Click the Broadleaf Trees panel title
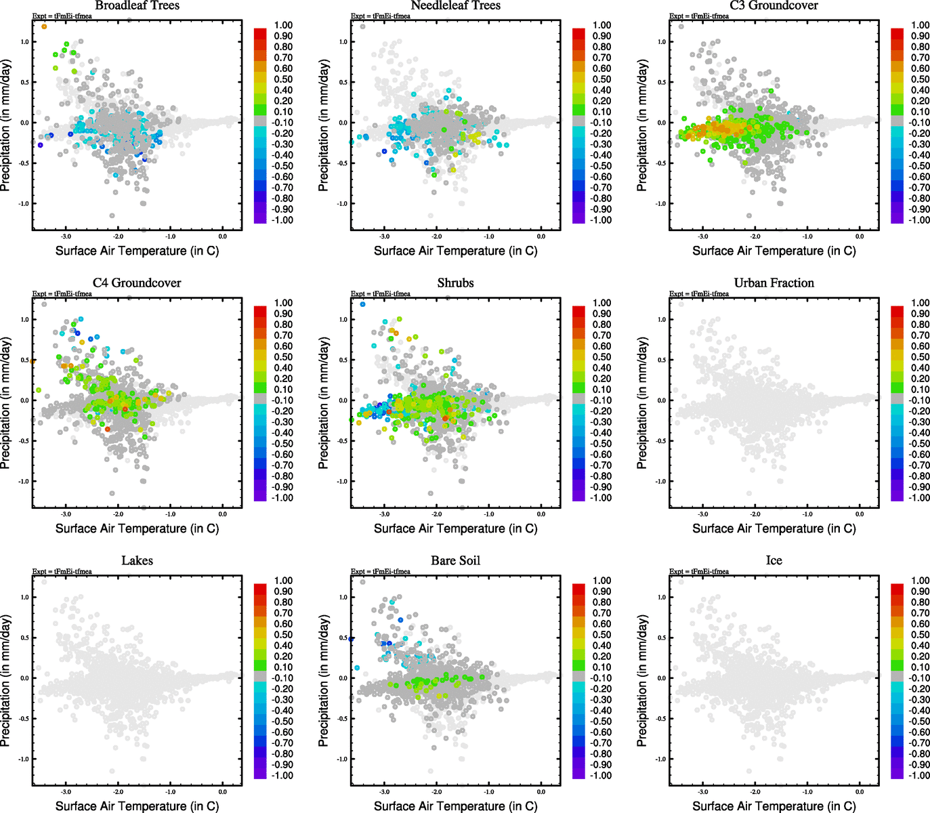tap(137, 5)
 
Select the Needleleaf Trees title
tap(455, 5)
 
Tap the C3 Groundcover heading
tap(774, 5)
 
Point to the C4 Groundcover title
tap(137, 283)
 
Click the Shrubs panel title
tap(455, 283)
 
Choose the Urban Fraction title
tap(774, 283)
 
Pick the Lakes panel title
tap(137, 560)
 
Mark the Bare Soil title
tap(455, 560)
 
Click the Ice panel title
tap(774, 560)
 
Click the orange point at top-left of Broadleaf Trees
tap(44, 26)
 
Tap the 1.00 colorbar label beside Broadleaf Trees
tap(283, 25)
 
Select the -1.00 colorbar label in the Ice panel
tap(919, 775)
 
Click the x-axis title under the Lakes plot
tap(137, 806)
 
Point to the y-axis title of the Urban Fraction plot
tap(642, 404)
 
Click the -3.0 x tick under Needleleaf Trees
tap(384, 236)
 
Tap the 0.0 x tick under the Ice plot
tap(859, 792)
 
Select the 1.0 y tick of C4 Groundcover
tap(25, 319)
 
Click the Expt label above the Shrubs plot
tap(381, 293)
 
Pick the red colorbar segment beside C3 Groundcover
tap(897, 33)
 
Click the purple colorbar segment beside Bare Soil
tap(578, 770)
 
